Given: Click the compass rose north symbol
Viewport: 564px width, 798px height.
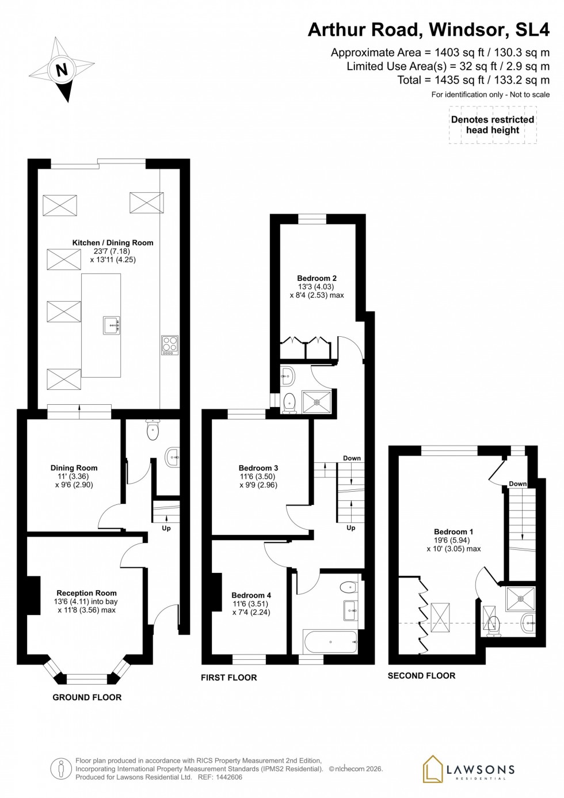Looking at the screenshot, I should pyautogui.click(x=62, y=70).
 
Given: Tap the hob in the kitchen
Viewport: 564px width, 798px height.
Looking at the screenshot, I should pyautogui.click(x=170, y=344).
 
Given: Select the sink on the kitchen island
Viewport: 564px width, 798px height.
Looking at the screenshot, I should pyautogui.click(x=112, y=325).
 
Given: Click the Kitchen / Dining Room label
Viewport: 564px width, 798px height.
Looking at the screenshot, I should pyautogui.click(x=113, y=243).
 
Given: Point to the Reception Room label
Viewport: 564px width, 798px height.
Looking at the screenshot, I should pyautogui.click(x=86, y=593).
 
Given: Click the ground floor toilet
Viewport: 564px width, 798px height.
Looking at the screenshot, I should pyautogui.click(x=153, y=431).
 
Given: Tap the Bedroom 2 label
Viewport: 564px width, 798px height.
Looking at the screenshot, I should pyautogui.click(x=317, y=278).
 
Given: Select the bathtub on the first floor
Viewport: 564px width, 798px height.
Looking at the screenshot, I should pyautogui.click(x=330, y=641).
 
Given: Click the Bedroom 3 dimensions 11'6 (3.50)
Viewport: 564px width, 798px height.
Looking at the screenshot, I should pyautogui.click(x=258, y=477).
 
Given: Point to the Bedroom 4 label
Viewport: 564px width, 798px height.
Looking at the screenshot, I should pyautogui.click(x=251, y=595).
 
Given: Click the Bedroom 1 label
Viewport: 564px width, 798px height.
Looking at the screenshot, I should pyautogui.click(x=454, y=532).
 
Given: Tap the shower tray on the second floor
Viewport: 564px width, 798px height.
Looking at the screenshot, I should pyautogui.click(x=520, y=599).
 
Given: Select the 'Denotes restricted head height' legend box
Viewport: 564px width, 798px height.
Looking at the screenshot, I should pyautogui.click(x=493, y=125).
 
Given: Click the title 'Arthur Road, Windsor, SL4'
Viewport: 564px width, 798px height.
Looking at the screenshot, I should pyautogui.click(x=429, y=29).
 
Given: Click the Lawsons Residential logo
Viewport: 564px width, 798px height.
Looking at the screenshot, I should pyautogui.click(x=468, y=770).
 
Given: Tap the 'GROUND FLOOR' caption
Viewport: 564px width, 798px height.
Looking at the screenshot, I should pyautogui.click(x=87, y=697).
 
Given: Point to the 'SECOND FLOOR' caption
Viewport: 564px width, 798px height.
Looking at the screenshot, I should pyautogui.click(x=421, y=676).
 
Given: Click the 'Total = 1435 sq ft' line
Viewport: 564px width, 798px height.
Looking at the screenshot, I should pyautogui.click(x=473, y=80).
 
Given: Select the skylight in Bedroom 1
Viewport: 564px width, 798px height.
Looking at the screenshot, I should pyautogui.click(x=440, y=618).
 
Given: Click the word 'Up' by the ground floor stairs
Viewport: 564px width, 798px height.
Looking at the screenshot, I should pyautogui.click(x=166, y=528).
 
